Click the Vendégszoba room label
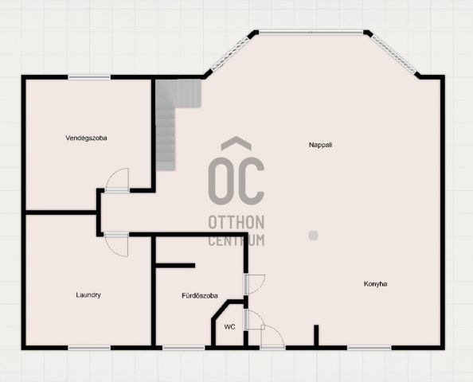tap(86, 138)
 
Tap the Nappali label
tap(320, 145)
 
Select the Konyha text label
tap(375, 284)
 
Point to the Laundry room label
tap(88, 295)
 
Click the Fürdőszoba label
tap(200, 296)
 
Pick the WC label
tap(229, 327)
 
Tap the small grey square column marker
tap(313, 236)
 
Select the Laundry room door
tap(116, 245)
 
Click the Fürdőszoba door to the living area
tap(255, 284)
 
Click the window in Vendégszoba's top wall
tap(89, 77)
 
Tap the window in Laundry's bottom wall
tap(89, 348)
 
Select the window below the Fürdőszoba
tap(184, 348)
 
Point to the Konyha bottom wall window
tap(369, 348)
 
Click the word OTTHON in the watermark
tap(236, 222)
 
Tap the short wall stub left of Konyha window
tap(316, 335)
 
